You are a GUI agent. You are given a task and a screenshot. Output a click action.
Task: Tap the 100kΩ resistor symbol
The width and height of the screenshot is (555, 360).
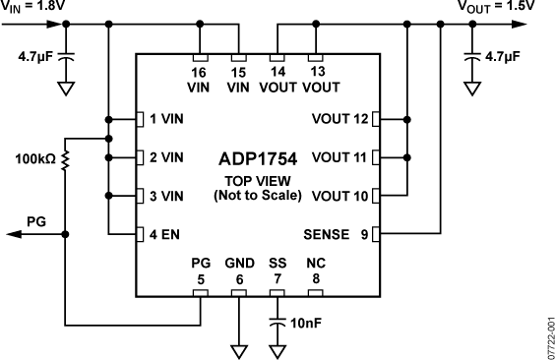[x=65, y=158]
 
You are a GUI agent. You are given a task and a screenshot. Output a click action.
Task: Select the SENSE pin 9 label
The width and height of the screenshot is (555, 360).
[x=333, y=234]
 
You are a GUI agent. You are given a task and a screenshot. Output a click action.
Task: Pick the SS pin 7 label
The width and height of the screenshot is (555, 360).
[x=277, y=271]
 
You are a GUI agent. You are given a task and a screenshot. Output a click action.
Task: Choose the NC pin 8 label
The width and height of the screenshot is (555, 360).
[x=315, y=271]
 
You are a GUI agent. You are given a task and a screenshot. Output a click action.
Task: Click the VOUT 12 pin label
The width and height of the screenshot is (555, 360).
[x=340, y=119]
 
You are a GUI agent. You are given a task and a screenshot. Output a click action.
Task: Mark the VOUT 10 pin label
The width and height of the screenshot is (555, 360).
[x=340, y=196]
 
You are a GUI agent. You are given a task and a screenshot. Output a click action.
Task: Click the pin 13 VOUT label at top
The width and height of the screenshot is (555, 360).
[x=315, y=80]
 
